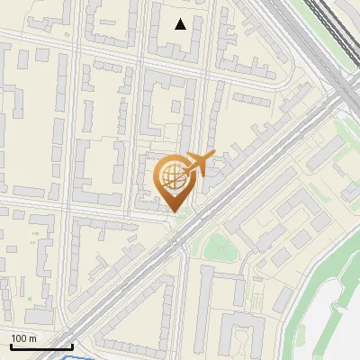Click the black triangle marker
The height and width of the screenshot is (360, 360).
pyautogui.click(x=181, y=24)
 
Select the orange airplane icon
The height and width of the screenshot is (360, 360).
pyautogui.click(x=200, y=163)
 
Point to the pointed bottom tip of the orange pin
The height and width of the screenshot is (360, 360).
pyautogui.click(x=174, y=212)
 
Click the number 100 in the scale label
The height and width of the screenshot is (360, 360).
pyautogui.click(x=19, y=339)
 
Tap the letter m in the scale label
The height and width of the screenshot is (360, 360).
pyautogui.click(x=32, y=339)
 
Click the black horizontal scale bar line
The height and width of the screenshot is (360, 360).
pyautogui.click(x=40, y=346)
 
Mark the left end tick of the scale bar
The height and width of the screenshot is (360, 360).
pyautogui.click(x=10, y=345)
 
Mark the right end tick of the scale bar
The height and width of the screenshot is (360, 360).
pyautogui.click(x=72, y=345)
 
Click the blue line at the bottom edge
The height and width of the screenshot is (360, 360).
pyautogui.click(x=76, y=357)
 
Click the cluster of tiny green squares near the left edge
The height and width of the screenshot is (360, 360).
pyautogui.click(x=36, y=238)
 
